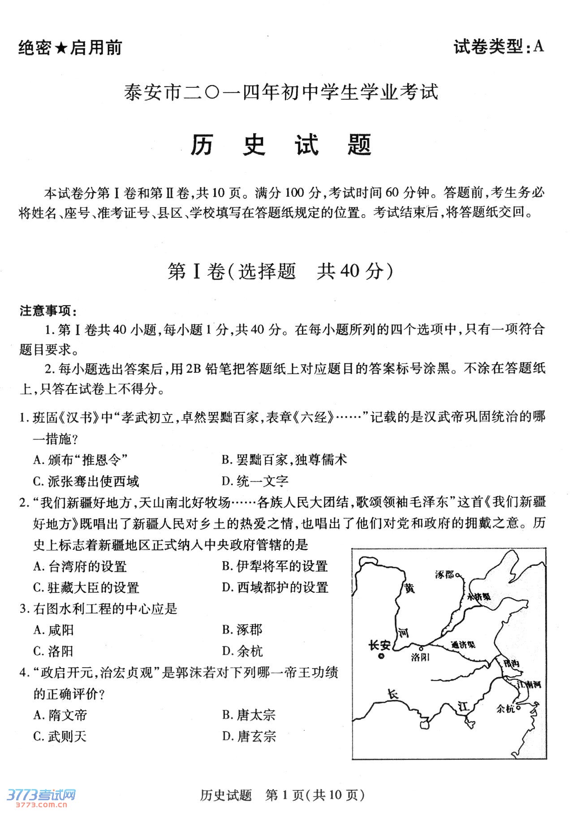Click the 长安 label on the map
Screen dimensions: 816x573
379,645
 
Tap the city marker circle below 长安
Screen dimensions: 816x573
381,656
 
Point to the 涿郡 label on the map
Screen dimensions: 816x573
444,574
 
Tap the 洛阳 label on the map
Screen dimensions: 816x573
420,657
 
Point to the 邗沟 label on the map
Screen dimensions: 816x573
511,663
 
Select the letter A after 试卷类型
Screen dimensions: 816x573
539,46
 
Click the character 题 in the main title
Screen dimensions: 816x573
359,145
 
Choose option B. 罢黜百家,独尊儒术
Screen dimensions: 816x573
284,459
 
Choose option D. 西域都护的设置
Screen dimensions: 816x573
275,587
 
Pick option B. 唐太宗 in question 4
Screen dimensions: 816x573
249,715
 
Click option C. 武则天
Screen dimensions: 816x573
60,736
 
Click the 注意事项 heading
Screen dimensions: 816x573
48,311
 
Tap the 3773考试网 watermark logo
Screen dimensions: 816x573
41,796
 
